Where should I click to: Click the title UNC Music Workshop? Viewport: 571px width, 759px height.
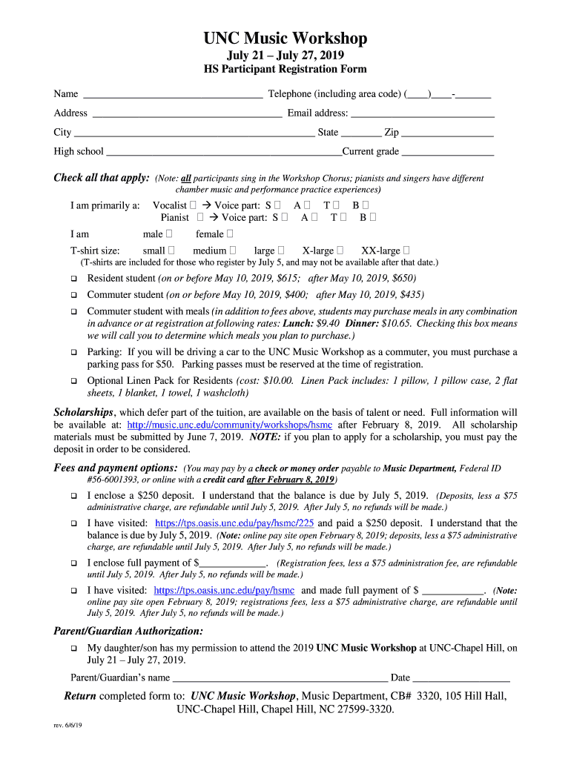(x=285, y=39)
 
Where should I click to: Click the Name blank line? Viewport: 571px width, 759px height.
(x=172, y=95)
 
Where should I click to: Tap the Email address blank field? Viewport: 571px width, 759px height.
(x=422, y=113)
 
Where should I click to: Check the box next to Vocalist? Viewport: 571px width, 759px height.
(x=193, y=205)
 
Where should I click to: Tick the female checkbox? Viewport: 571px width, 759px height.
(x=231, y=234)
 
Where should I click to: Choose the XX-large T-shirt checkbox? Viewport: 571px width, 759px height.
(x=407, y=251)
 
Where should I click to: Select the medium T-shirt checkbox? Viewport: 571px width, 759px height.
(x=233, y=251)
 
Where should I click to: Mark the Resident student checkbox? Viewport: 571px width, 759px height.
(x=74, y=279)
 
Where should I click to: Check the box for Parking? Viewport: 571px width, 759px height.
(x=74, y=353)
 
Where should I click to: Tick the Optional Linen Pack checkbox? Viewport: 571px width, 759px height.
(x=74, y=381)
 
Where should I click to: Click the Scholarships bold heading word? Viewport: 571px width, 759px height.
(x=84, y=412)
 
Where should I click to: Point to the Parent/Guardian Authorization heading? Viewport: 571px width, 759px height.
(x=128, y=632)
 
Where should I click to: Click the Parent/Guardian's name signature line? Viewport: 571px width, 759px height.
(x=280, y=678)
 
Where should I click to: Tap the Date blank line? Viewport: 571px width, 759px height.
(x=461, y=678)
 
